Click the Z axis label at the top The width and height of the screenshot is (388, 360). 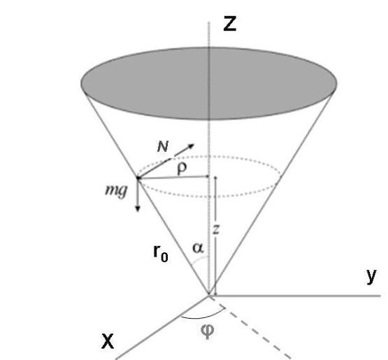point(230,24)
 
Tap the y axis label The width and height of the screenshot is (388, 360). point(371,276)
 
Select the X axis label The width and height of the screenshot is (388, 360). point(108,341)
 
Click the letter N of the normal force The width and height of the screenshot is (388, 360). point(163,147)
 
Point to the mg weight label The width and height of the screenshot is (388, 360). point(116,191)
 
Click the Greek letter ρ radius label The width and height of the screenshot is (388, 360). point(182,169)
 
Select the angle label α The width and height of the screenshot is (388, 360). point(199,248)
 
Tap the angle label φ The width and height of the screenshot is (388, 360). point(207,331)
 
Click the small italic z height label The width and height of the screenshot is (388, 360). point(216,229)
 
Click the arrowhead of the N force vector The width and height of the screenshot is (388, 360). point(191,146)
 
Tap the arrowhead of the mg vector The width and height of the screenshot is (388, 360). point(138,208)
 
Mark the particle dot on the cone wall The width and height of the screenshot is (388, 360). point(138,178)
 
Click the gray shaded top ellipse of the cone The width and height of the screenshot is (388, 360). point(209,83)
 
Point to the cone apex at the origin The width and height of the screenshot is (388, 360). point(209,295)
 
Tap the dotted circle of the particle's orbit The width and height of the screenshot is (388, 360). point(209,197)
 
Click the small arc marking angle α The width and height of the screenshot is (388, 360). point(201,259)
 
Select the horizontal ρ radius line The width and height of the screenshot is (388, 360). point(173,177)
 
